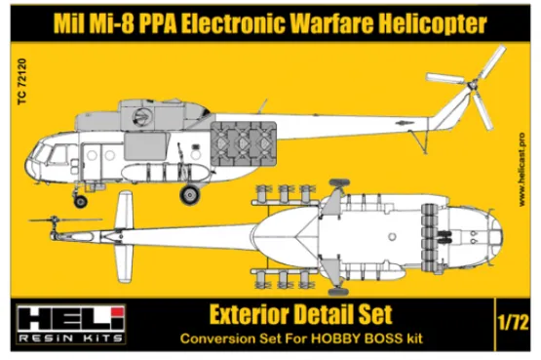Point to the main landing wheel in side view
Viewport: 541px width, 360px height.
coord(189,193)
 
